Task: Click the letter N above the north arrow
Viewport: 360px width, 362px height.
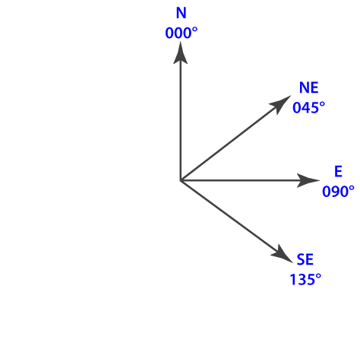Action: point(182,13)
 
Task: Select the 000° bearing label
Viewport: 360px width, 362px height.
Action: point(182,33)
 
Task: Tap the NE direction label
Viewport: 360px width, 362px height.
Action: point(308,87)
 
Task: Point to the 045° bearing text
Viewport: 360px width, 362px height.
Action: point(308,107)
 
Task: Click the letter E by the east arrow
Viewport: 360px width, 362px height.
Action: point(338,171)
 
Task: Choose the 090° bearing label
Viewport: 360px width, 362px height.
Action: point(338,192)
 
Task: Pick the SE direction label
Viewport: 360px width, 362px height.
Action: point(305,259)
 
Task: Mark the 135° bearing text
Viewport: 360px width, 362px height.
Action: point(305,280)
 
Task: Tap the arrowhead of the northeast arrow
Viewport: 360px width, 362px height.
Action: point(280,104)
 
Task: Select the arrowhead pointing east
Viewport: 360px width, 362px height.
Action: point(308,180)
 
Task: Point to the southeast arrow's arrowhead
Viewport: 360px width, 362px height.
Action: point(282,254)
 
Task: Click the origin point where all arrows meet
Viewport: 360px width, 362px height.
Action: point(180,180)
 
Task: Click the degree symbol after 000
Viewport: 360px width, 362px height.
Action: point(195,30)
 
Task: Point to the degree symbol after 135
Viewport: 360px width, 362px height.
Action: point(319,276)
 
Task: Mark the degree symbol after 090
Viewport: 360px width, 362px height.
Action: point(352,188)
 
